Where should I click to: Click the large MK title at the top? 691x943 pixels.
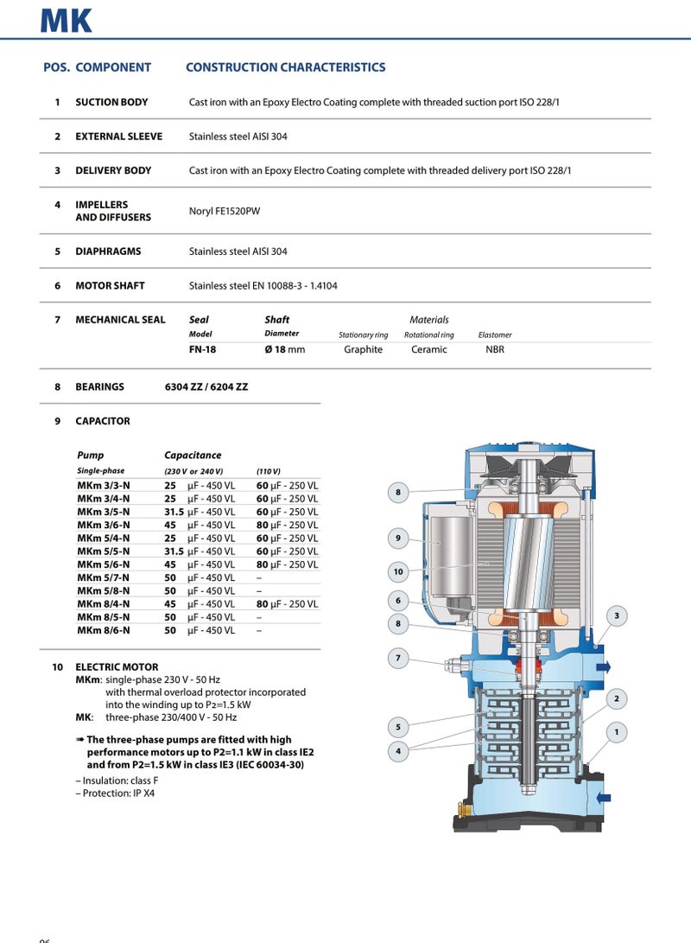click(x=67, y=19)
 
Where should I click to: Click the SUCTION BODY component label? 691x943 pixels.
click(x=111, y=102)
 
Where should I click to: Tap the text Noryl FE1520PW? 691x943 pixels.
click(x=224, y=211)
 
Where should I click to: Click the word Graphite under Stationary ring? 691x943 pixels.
click(x=363, y=349)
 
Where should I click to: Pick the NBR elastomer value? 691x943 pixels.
click(x=495, y=349)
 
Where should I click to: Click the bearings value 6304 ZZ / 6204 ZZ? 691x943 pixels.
click(x=206, y=387)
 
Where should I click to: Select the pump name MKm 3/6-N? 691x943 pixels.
click(x=104, y=525)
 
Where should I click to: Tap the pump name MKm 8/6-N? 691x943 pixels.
click(x=104, y=631)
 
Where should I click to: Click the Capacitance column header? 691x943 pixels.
click(x=193, y=455)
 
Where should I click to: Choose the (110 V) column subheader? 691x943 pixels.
click(x=268, y=471)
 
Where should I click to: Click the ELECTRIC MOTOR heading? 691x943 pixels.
click(x=117, y=667)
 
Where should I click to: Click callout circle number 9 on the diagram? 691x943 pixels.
click(x=398, y=538)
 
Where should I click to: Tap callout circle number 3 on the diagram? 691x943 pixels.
click(x=617, y=615)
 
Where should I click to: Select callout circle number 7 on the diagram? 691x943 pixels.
click(x=398, y=659)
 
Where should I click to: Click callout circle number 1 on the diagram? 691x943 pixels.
click(x=617, y=733)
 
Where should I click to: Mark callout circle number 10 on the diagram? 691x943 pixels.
click(x=398, y=571)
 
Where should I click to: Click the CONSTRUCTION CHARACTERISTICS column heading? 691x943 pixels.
click(x=285, y=67)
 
